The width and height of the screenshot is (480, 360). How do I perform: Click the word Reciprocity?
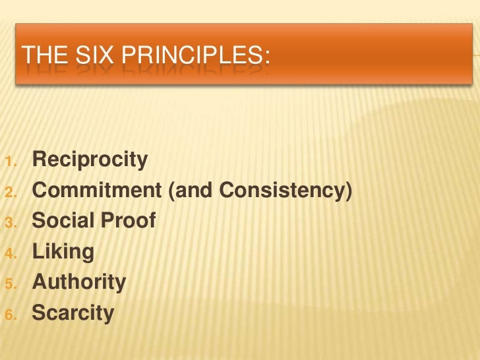pyautogui.click(x=90, y=160)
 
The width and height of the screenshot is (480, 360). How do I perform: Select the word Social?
pyautogui.click(x=63, y=221)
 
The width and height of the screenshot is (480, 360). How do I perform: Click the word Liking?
pyautogui.click(x=63, y=252)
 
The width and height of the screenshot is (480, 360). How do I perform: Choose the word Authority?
pyautogui.click(x=78, y=282)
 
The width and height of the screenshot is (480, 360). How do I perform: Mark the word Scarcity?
pyautogui.click(x=73, y=313)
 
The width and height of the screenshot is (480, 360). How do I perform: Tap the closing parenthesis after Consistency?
pyautogui.click(x=348, y=191)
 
